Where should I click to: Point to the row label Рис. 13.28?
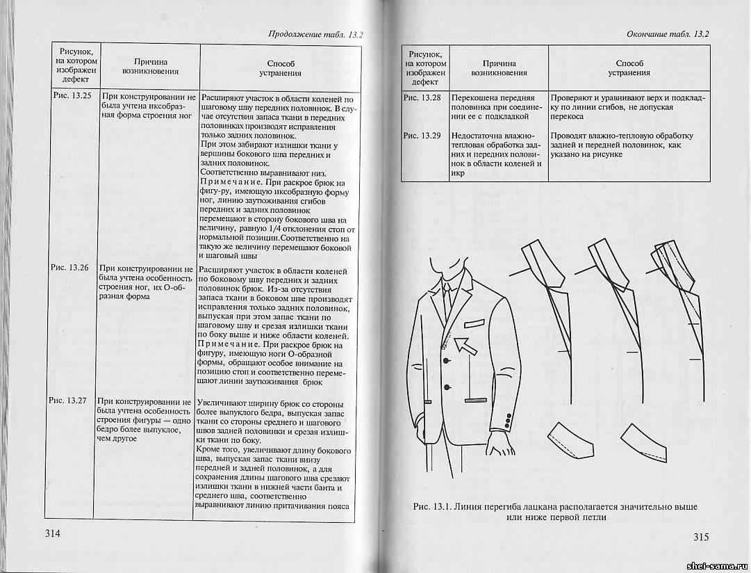(422, 98)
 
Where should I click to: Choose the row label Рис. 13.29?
(422, 135)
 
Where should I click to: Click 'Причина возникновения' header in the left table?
(150, 66)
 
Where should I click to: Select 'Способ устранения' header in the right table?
(629, 67)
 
